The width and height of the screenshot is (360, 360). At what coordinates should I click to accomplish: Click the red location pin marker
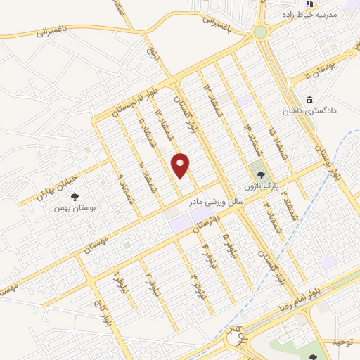[181, 165]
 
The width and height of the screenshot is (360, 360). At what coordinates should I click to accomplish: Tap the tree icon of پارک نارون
[262, 175]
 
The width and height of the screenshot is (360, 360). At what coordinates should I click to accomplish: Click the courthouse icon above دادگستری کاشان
[309, 98]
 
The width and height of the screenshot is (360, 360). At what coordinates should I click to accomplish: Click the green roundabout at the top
[261, 32]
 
